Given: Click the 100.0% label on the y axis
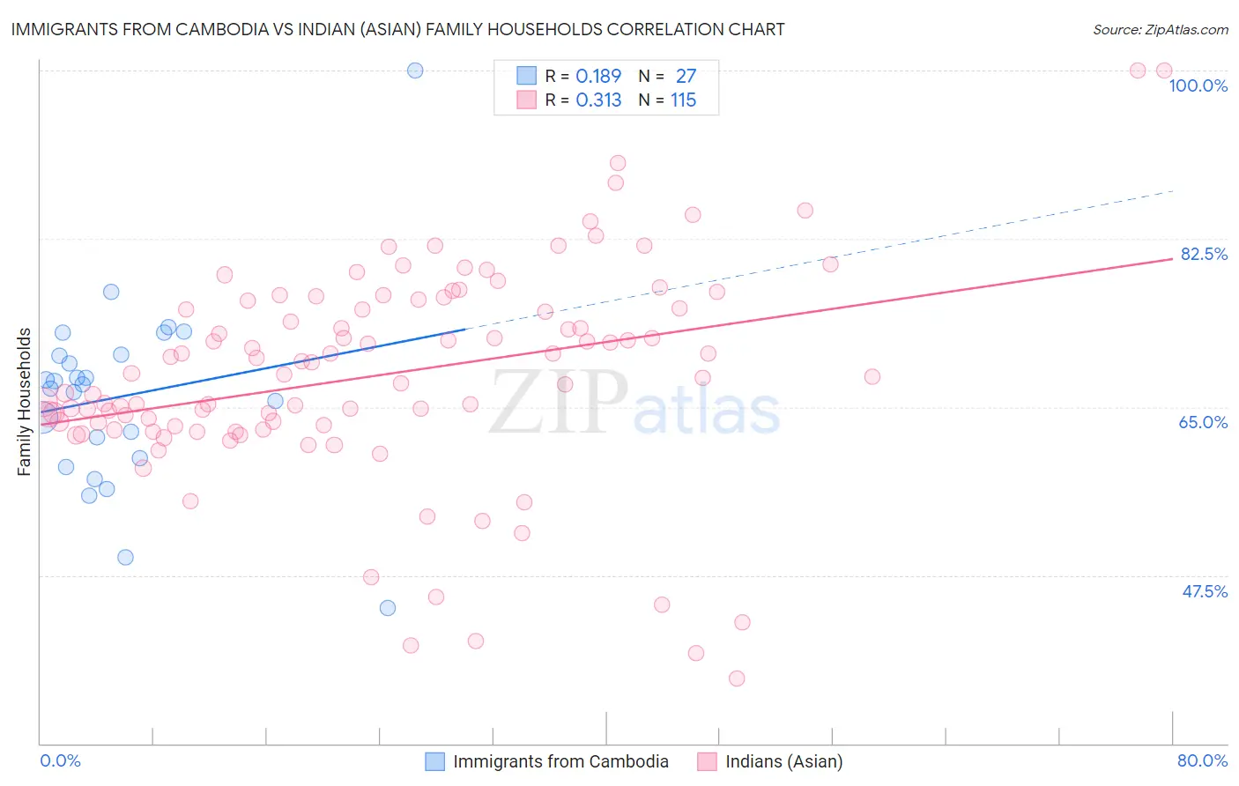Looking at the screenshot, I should pyautogui.click(x=1198, y=85).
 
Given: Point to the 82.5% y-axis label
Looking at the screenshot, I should pyautogui.click(x=1204, y=254).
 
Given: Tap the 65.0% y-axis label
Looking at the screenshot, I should pyautogui.click(x=1203, y=422).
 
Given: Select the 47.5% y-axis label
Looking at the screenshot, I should pyautogui.click(x=1204, y=591).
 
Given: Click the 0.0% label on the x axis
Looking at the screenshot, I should pyautogui.click(x=60, y=760).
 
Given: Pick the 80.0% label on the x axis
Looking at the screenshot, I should pyautogui.click(x=1202, y=760).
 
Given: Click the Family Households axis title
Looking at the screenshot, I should pyautogui.click(x=25, y=402).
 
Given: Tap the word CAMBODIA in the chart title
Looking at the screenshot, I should pyautogui.click(x=225, y=29).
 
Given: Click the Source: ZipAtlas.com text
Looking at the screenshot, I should pyautogui.click(x=1160, y=29).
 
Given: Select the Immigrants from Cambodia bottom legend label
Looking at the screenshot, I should pyautogui.click(x=560, y=761).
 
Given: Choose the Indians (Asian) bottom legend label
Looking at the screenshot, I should pyautogui.click(x=783, y=761).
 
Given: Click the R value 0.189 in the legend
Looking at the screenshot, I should pyautogui.click(x=598, y=76).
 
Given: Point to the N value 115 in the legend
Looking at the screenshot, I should pyautogui.click(x=683, y=100).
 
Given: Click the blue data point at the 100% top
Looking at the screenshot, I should pyautogui.click(x=415, y=70).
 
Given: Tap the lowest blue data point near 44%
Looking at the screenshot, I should pyautogui.click(x=388, y=608).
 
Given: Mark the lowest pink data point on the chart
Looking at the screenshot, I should pyautogui.click(x=737, y=678).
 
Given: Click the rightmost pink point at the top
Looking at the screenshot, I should pyautogui.click(x=1163, y=70).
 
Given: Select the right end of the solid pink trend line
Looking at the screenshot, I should pyautogui.click(x=1172, y=259).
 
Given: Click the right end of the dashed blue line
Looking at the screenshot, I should pyautogui.click(x=1172, y=191).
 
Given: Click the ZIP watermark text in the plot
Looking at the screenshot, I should pyautogui.click(x=557, y=404).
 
